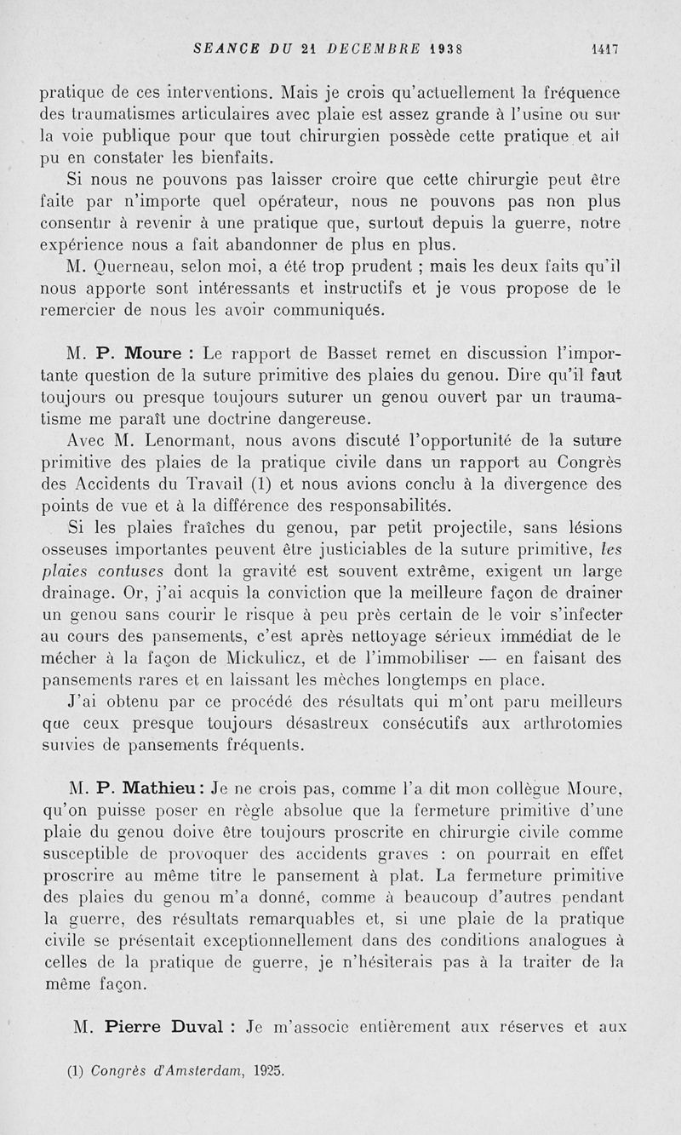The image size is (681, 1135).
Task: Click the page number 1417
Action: click(x=604, y=49)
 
